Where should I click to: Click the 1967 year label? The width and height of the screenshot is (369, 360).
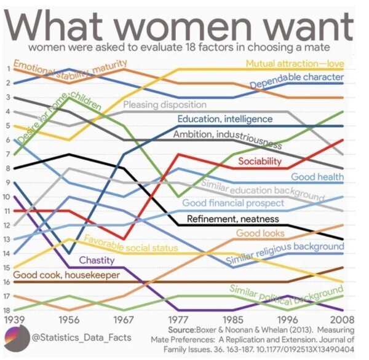click(125, 319)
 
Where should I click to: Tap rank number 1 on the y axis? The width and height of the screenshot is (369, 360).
click(6, 68)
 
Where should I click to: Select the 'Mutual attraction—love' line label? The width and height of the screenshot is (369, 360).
click(294, 63)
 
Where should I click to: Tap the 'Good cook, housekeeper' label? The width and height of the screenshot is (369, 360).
click(66, 275)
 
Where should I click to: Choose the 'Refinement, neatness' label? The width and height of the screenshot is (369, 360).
click(232, 219)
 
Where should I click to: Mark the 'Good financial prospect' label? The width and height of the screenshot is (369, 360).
click(233, 203)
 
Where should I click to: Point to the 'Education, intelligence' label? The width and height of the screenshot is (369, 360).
click(224, 119)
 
